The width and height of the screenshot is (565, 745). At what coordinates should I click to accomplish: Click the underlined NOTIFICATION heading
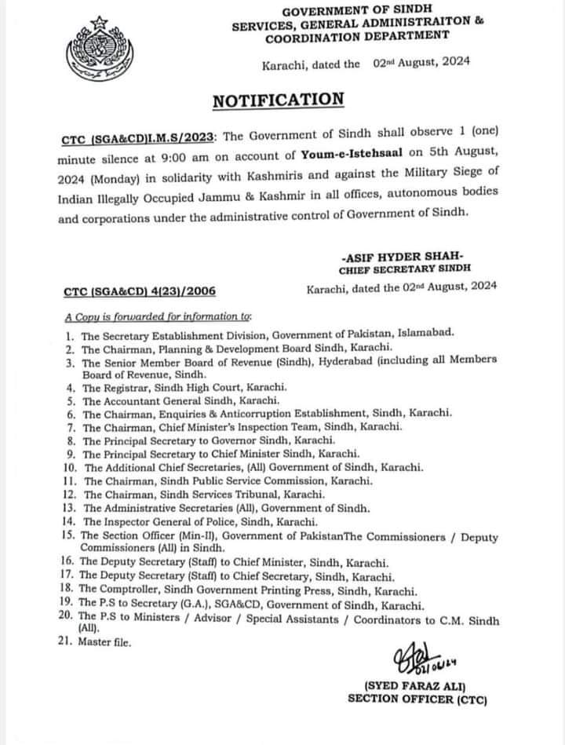(x=278, y=100)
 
